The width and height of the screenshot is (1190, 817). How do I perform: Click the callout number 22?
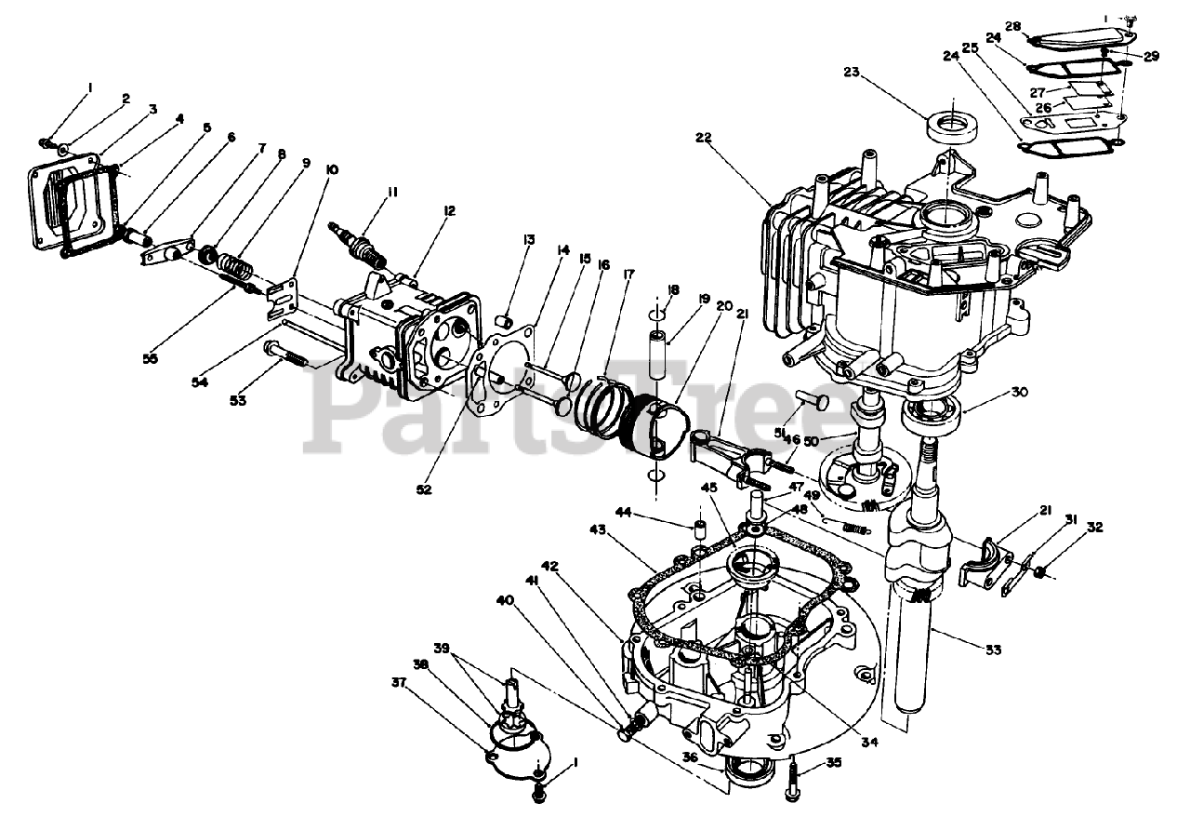point(703,138)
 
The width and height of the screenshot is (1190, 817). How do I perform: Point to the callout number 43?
point(597,529)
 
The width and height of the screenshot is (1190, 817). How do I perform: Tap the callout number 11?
point(393,193)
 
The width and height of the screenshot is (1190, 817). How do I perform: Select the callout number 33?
point(993,650)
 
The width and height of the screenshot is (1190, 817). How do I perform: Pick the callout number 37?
point(400,684)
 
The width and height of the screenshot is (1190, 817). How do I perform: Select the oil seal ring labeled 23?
point(950,125)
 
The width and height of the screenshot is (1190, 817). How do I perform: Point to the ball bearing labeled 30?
point(929,408)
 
